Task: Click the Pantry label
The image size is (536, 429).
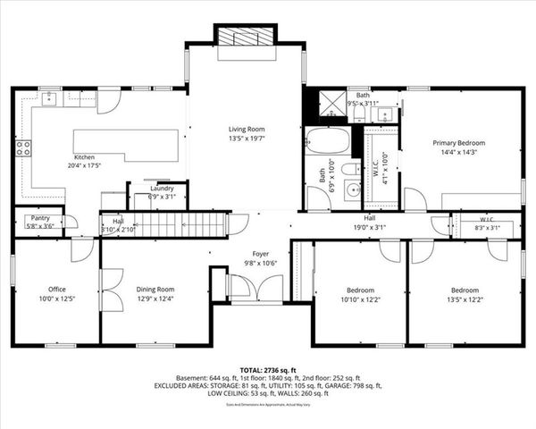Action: (39, 217)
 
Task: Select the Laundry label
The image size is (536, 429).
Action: (162, 189)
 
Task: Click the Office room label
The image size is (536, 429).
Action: (57, 290)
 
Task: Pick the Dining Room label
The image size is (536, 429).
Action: (155, 290)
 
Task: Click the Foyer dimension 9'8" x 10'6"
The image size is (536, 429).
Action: (260, 263)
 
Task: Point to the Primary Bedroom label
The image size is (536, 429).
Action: (459, 143)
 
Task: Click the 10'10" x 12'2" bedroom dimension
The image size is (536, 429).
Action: (360, 299)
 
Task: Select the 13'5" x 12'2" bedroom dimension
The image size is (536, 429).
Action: (465, 299)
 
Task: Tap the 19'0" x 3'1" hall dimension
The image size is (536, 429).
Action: (369, 227)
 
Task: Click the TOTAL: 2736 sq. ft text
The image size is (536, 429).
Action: (268, 368)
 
